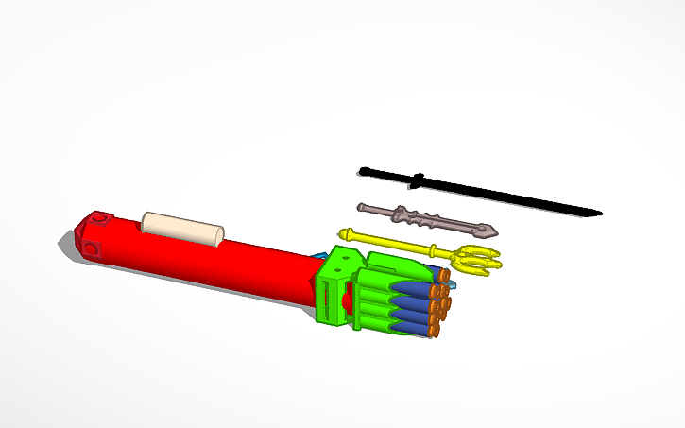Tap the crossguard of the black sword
418,179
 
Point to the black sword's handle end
364,171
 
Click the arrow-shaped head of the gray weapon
488,230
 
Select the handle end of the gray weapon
362,206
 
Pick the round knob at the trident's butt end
345,231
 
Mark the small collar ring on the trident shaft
434,249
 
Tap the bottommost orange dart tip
435,331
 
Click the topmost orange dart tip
443,274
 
